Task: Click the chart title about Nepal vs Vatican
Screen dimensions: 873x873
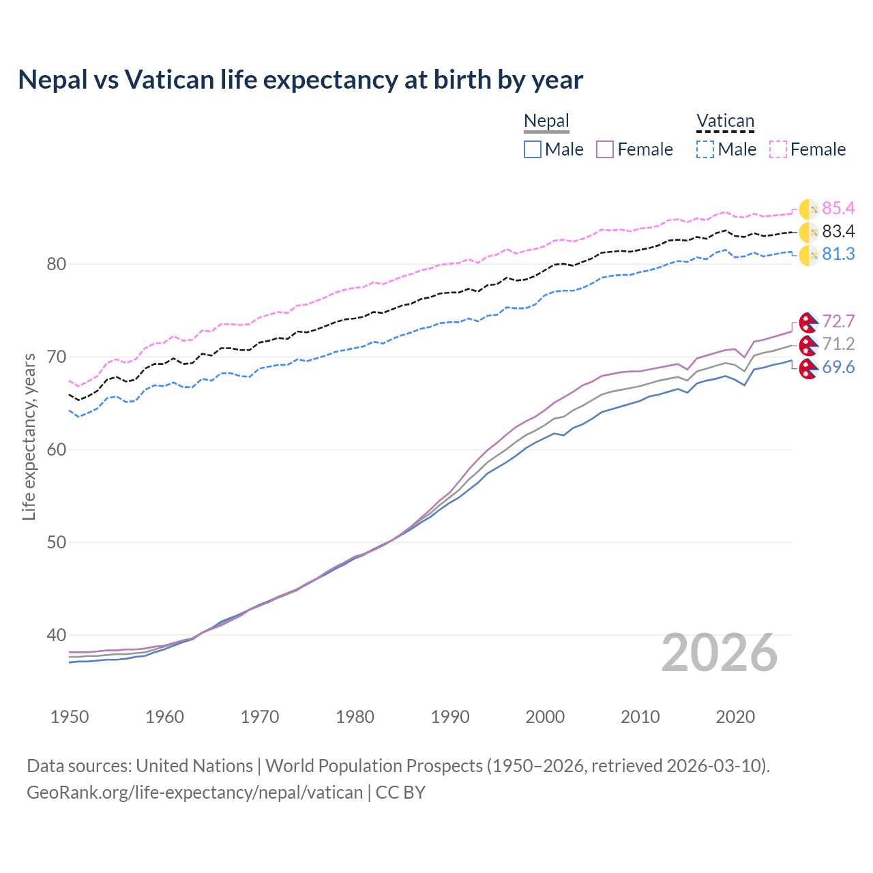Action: (x=300, y=80)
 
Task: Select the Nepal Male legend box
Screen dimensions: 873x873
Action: (x=533, y=149)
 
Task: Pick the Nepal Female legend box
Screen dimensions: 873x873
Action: (x=605, y=149)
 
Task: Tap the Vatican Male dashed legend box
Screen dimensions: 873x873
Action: (x=705, y=149)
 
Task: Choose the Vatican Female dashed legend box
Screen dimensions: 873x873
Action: (x=778, y=149)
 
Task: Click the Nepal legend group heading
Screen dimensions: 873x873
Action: (x=546, y=121)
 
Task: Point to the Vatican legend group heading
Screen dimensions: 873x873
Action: (x=725, y=121)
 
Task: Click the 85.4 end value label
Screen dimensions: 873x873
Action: (x=838, y=208)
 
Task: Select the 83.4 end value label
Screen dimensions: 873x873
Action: (x=838, y=231)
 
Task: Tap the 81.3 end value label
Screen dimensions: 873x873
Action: (x=838, y=254)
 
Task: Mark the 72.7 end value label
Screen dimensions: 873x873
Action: (x=838, y=321)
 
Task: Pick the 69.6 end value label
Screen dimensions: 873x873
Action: (x=838, y=368)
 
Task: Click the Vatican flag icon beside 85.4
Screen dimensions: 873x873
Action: (x=808, y=209)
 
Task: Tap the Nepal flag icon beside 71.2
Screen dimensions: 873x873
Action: (x=808, y=345)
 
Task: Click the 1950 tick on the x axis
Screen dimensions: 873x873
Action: (x=70, y=717)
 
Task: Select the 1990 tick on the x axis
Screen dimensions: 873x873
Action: (x=450, y=717)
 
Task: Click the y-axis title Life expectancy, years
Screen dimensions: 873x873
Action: (x=29, y=436)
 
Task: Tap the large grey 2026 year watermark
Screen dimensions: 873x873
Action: (x=719, y=653)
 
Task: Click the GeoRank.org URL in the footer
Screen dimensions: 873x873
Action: (x=194, y=793)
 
